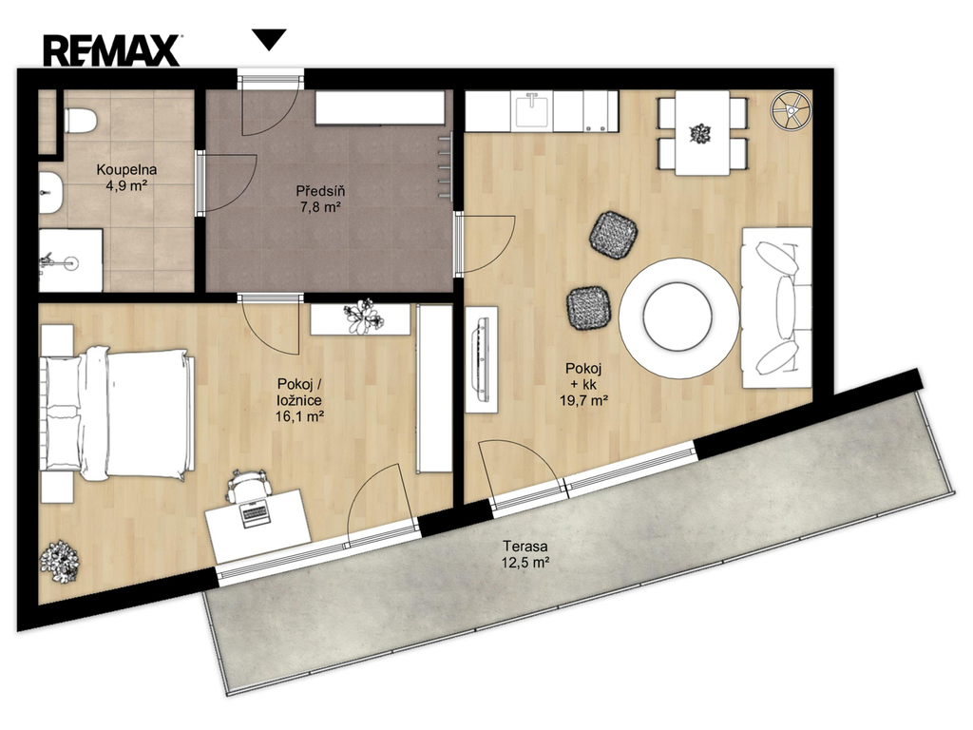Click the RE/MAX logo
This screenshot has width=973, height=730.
coord(112,50)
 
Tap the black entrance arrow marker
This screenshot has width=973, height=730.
coord(271,39)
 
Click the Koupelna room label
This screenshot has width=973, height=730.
coord(126,169)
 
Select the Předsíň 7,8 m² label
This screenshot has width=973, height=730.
coord(320,199)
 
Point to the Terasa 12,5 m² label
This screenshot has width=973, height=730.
coord(525,555)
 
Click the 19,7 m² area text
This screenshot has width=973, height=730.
coord(583,400)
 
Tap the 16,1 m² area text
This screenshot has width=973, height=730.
coord(299,416)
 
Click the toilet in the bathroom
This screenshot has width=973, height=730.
coord(80,121)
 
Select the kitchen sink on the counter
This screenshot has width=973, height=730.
coord(532,109)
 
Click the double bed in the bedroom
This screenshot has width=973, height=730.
coord(118,413)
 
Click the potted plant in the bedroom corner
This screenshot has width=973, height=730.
coord(60,562)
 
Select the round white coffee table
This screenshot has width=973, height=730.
coord(678,317)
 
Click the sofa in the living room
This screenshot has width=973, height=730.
coord(776,308)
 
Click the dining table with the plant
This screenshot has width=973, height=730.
coord(702,133)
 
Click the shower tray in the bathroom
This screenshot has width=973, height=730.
coord(70,260)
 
